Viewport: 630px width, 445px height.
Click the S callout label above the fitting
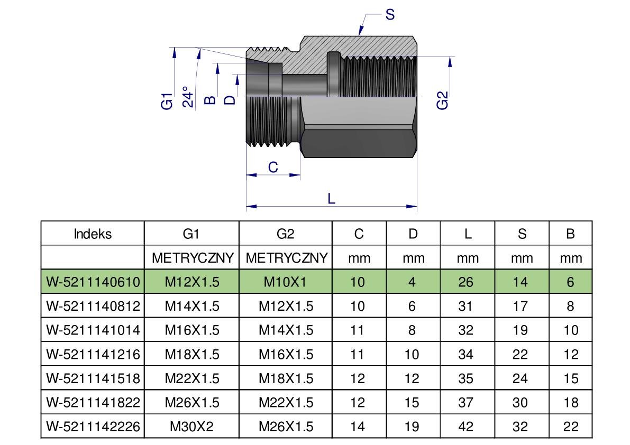point(390,15)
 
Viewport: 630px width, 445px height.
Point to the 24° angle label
point(187,96)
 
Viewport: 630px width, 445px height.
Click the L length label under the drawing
point(332,198)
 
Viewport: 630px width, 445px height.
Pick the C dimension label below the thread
point(273,167)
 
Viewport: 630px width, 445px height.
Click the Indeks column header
point(93,234)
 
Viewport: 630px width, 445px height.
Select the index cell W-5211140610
point(93,282)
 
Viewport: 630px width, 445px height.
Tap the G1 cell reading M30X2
point(191,427)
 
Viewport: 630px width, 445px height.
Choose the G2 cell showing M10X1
point(286,282)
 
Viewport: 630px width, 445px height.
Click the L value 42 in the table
point(466,427)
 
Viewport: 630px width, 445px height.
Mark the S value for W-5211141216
point(521,354)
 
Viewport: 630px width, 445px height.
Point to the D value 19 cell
point(412,427)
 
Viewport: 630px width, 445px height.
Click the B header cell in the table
point(570,234)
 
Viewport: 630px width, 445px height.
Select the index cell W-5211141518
point(93,378)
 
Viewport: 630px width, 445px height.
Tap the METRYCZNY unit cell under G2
point(286,258)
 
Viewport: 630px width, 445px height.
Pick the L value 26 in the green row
point(466,282)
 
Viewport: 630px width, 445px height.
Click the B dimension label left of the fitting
point(210,99)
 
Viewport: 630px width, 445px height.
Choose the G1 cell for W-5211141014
point(191,330)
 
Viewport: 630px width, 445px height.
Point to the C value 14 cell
point(358,427)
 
